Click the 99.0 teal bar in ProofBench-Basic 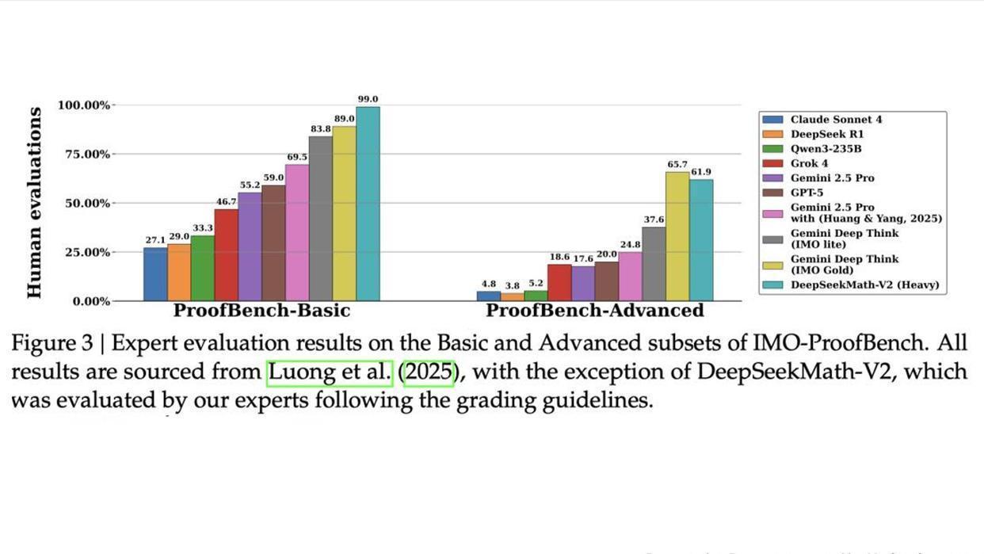[368, 204]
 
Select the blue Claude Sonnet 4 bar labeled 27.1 [155, 274]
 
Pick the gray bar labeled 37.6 [654, 264]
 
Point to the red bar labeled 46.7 [226, 254]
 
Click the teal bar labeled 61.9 [701, 240]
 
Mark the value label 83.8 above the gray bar [320, 128]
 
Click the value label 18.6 [559, 257]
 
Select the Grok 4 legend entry [809, 163]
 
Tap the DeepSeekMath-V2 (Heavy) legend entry [864, 285]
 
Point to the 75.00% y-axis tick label [84, 155]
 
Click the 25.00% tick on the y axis [84, 253]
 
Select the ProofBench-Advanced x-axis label [594, 310]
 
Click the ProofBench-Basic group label [261, 310]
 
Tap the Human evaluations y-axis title [34, 203]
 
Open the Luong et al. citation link [330, 372]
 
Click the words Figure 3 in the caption [57, 343]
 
